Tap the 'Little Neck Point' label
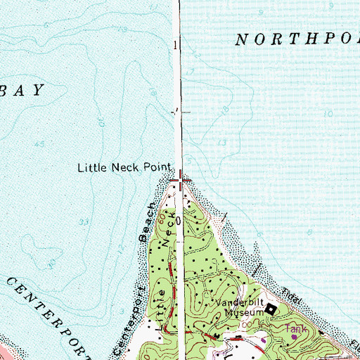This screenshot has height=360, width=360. tap(125, 168)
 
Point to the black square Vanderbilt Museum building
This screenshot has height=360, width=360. tap(269, 307)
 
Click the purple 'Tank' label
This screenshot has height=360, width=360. tap(295, 328)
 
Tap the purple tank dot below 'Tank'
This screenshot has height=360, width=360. tap(294, 337)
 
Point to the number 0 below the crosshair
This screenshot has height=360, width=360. tap(178, 220)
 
